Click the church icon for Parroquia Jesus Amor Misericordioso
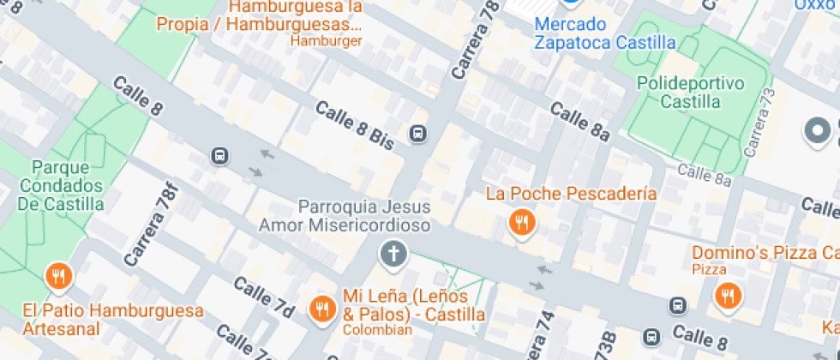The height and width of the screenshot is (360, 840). (x=393, y=255)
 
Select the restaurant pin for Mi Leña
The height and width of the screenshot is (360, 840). (x=322, y=308)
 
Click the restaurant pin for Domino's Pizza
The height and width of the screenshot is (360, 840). (x=728, y=296)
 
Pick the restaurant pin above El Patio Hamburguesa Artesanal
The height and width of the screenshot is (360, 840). (x=58, y=276)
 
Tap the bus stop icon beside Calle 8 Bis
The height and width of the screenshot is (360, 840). (x=418, y=133)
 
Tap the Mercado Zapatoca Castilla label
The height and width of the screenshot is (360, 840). (x=604, y=33)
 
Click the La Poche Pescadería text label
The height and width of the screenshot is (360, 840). (x=571, y=194)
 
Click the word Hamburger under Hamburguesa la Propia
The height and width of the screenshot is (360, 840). (x=326, y=40)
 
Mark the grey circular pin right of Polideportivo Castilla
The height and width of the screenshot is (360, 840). (x=818, y=131)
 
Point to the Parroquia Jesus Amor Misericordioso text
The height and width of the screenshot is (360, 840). (x=346, y=215)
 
